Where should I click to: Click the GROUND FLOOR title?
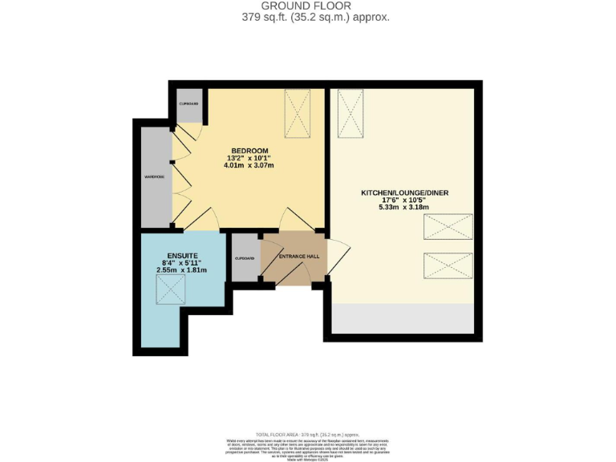pyautogui.click(x=308, y=6)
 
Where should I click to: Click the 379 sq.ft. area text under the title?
pyautogui.click(x=308, y=17)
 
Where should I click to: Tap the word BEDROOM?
pyautogui.click(x=249, y=151)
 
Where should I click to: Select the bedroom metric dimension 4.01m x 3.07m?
pyautogui.click(x=249, y=166)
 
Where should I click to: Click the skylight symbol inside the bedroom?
pyautogui.click(x=298, y=115)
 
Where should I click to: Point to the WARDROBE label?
pyautogui.click(x=154, y=176)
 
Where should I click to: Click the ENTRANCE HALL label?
pyautogui.click(x=298, y=257)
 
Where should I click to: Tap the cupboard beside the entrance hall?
pyautogui.click(x=244, y=258)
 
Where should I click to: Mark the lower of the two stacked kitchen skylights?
pyautogui.click(x=448, y=265)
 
